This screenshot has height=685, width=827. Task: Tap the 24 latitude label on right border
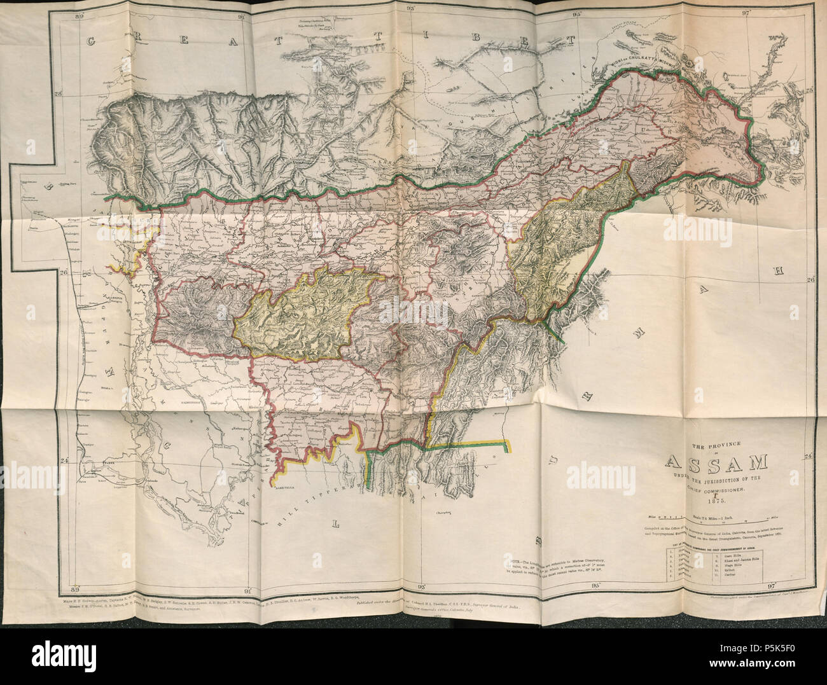(x=808, y=457)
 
